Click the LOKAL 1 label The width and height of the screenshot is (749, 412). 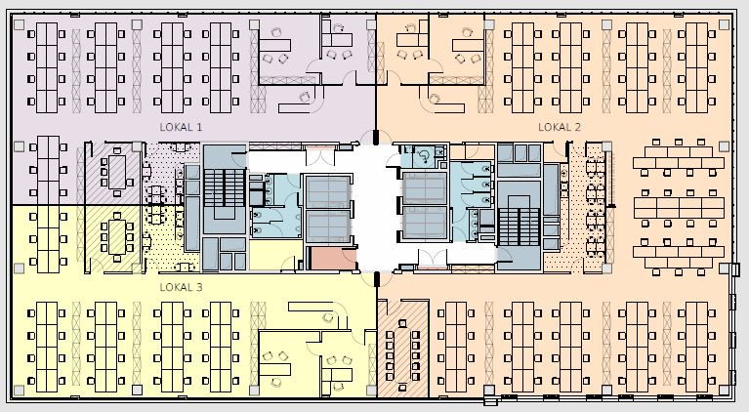point(181,127)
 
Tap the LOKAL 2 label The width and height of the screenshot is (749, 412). point(560,127)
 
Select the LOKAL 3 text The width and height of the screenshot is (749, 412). point(181,287)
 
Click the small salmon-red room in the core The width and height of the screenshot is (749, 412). point(333,259)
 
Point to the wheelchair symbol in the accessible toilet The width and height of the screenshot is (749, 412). point(424,156)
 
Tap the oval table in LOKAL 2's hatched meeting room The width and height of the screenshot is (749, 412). point(402,350)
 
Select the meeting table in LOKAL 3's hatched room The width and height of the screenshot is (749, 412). point(117,237)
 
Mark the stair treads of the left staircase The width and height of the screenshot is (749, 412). point(225,188)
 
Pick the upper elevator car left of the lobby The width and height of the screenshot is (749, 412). point(328,192)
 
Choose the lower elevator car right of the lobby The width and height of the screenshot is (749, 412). point(425,223)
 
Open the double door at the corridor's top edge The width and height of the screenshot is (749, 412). point(320,157)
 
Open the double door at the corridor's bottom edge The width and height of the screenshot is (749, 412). point(433,258)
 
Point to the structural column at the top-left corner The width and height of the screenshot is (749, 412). point(19,24)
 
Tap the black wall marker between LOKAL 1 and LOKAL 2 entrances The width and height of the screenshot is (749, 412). point(376,137)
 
